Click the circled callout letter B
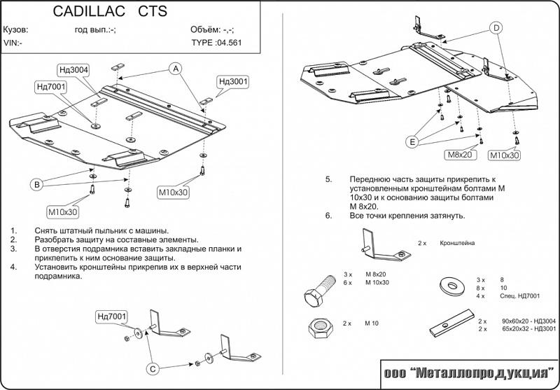[37, 184]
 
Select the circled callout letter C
[150, 368]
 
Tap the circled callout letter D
[496, 28]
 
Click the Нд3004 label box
[73, 69]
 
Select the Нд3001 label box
[234, 82]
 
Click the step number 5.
[328, 180]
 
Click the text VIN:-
[13, 42]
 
